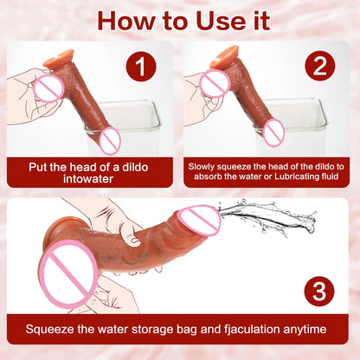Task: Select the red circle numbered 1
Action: [x=141, y=67]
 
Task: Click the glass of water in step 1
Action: [x=130, y=130]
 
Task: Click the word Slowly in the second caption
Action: [x=208, y=164]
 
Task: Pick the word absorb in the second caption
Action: [x=208, y=179]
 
